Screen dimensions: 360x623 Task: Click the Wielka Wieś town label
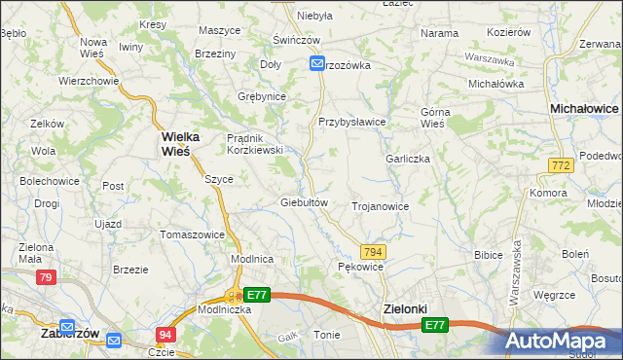click(x=174, y=144)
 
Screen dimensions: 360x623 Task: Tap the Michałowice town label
click(x=585, y=110)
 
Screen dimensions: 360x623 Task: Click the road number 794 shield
click(x=374, y=251)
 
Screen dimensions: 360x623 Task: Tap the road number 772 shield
click(x=559, y=167)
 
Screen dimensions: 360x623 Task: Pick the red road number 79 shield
click(x=46, y=278)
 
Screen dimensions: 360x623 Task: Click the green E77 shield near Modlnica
click(x=256, y=295)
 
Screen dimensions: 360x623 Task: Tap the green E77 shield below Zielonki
click(x=435, y=325)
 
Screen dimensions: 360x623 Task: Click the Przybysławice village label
click(x=352, y=122)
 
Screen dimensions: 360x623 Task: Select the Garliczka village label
click(x=408, y=159)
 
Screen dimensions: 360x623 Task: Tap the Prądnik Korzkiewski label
click(x=254, y=144)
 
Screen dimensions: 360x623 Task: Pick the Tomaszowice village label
click(x=193, y=234)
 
